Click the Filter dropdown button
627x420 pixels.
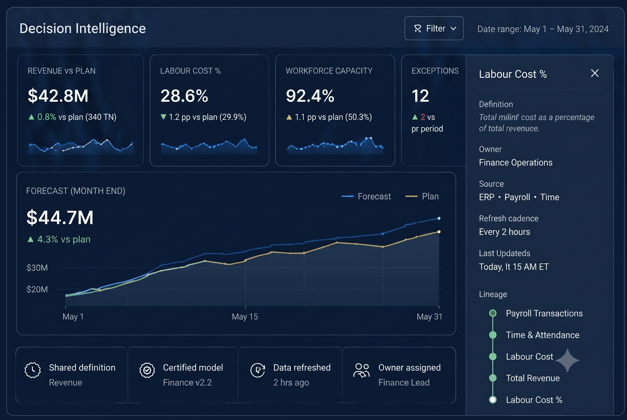pyautogui.click(x=434, y=29)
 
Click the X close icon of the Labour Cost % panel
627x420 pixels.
pyautogui.click(x=595, y=73)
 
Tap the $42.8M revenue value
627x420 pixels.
pyautogui.click(x=58, y=96)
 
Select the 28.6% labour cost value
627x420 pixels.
pyautogui.click(x=184, y=96)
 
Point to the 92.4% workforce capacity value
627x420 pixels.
pyautogui.click(x=310, y=96)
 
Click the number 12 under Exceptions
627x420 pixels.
pyautogui.click(x=420, y=96)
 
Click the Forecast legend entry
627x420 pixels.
pyautogui.click(x=366, y=196)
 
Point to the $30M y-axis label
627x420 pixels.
pyautogui.click(x=37, y=268)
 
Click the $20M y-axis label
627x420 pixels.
pyautogui.click(x=37, y=289)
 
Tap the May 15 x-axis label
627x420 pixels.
pyautogui.click(x=245, y=317)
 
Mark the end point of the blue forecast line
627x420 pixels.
pyautogui.click(x=439, y=218)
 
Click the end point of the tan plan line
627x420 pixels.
pyautogui.click(x=439, y=232)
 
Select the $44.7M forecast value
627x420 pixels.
pyautogui.click(x=60, y=217)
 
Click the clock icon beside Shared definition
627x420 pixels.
pyautogui.click(x=33, y=370)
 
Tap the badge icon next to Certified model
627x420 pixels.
pyautogui.click(x=147, y=370)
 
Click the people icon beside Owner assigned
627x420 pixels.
pyautogui.click(x=361, y=370)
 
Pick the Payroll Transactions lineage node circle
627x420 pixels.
pyautogui.click(x=493, y=313)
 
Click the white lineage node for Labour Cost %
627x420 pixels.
pyautogui.click(x=493, y=400)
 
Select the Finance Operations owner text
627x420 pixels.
pyautogui.click(x=516, y=163)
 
